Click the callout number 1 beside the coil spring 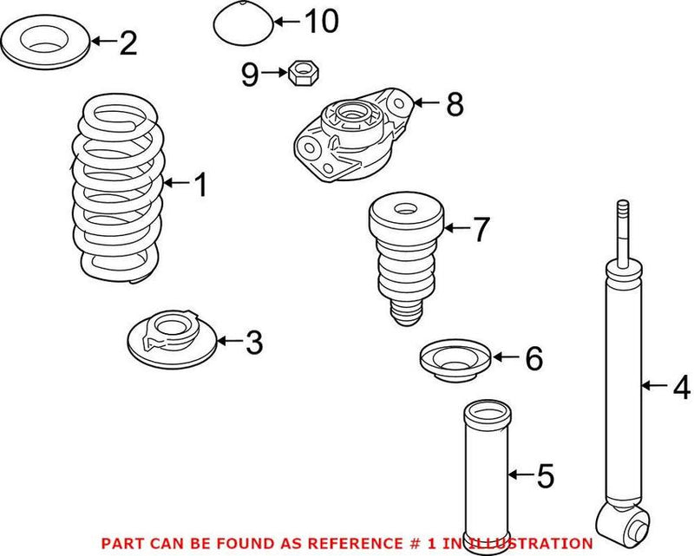(200, 184)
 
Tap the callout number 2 (128, 43)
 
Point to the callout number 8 (454, 105)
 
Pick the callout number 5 (544, 475)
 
